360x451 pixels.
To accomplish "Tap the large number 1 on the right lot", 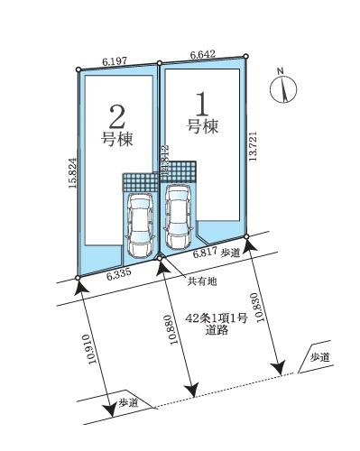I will (203, 99).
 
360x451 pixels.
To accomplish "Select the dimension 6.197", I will (115, 60).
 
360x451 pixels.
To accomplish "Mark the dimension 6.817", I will (204, 255).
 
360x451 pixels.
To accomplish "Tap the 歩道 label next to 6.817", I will (229, 254).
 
